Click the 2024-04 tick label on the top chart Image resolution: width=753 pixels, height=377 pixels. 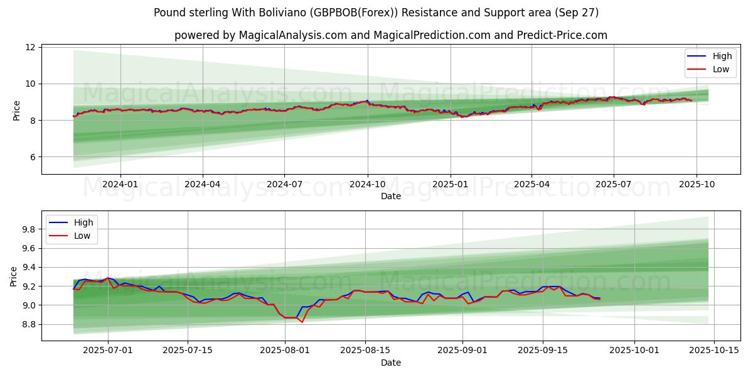click(203, 184)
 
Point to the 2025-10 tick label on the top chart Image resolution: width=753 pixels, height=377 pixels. click(696, 184)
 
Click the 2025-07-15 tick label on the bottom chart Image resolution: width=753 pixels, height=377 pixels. click(188, 351)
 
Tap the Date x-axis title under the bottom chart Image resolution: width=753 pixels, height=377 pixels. click(391, 363)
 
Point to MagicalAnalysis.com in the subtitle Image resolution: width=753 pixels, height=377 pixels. click(293, 35)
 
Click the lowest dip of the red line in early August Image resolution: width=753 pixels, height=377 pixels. click(302, 322)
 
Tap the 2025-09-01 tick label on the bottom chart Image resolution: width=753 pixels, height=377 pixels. click(462, 351)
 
